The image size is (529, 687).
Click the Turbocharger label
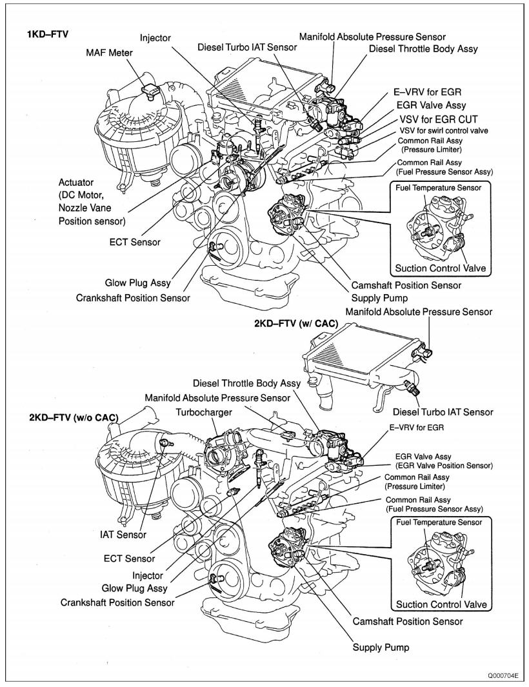(203, 411)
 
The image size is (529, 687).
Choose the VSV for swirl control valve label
(443, 130)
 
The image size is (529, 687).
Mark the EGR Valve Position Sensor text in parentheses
(446, 465)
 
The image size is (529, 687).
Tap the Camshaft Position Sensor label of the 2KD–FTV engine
(407, 621)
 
